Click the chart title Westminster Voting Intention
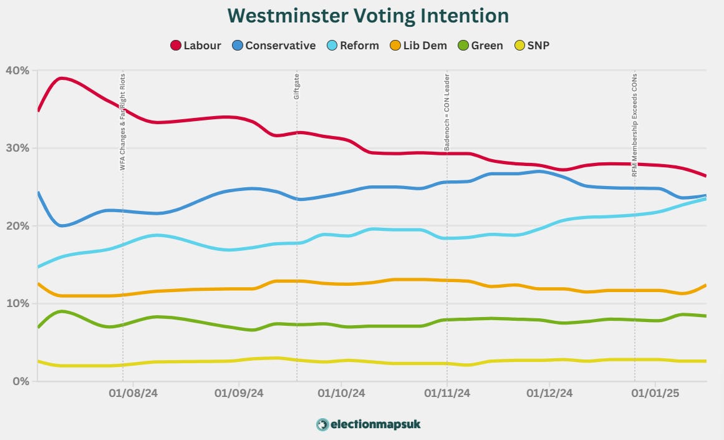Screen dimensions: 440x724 tap(367, 16)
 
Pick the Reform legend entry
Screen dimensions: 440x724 tap(353, 46)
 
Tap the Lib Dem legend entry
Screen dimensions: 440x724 tap(418, 46)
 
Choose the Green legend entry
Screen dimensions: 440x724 tap(480, 46)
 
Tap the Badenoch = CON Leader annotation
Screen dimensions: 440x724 tap(446, 113)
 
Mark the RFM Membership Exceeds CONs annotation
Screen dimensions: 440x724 tap(635, 124)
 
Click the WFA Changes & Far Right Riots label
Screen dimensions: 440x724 tap(122, 121)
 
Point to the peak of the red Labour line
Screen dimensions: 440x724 tap(61, 78)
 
